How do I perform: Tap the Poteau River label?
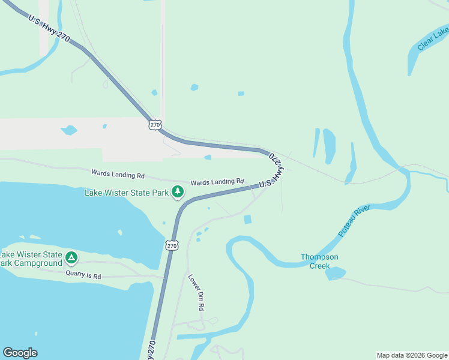(x=354, y=220)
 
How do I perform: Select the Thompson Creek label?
(x=319, y=261)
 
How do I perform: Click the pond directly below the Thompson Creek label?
(x=336, y=274)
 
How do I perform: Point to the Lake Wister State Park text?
(x=127, y=193)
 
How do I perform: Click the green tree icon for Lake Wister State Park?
(x=177, y=192)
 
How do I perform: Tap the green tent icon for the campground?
(x=71, y=258)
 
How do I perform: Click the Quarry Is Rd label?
(x=83, y=277)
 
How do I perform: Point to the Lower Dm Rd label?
(x=197, y=292)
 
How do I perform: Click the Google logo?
(x=20, y=353)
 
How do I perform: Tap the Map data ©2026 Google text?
(x=412, y=355)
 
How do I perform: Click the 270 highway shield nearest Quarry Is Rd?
(x=172, y=246)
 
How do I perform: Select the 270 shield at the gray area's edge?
(x=155, y=125)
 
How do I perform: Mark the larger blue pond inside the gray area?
(x=69, y=130)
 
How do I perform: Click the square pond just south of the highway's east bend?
(x=248, y=220)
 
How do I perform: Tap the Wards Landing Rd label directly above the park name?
(x=118, y=175)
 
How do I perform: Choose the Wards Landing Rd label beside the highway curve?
(x=217, y=182)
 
